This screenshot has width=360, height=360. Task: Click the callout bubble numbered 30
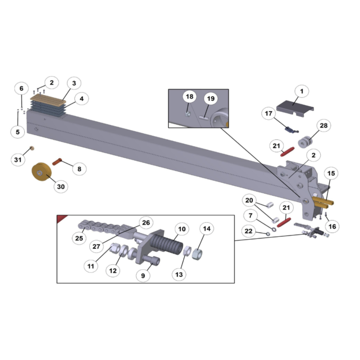(61, 186)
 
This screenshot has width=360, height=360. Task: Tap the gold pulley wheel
(41, 172)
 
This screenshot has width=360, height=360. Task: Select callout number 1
(302, 91)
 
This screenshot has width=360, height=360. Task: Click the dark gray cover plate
(295, 108)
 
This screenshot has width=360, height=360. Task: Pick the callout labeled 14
(207, 229)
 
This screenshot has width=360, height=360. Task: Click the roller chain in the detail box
(99, 227)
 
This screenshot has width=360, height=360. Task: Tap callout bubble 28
(324, 126)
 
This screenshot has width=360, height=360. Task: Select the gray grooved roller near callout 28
(305, 142)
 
